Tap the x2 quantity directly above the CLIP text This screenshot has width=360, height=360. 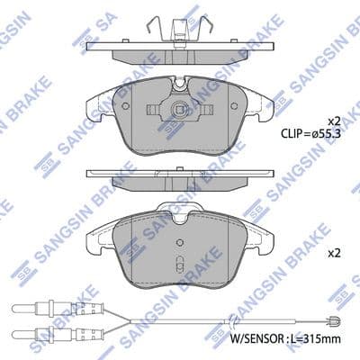pyautogui.click(x=333, y=120)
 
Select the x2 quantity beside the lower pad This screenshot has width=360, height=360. pyautogui.click(x=333, y=253)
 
